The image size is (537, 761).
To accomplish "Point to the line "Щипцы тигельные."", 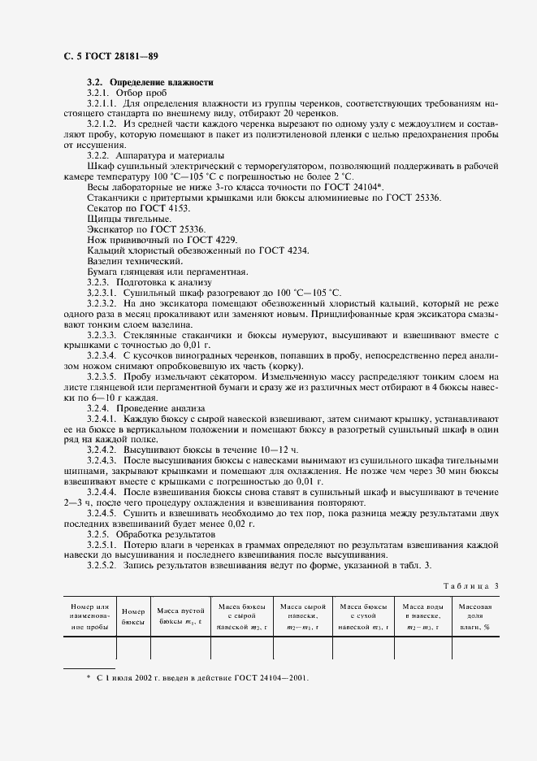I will point(117,220).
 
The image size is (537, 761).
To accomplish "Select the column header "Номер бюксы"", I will point(133,615).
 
